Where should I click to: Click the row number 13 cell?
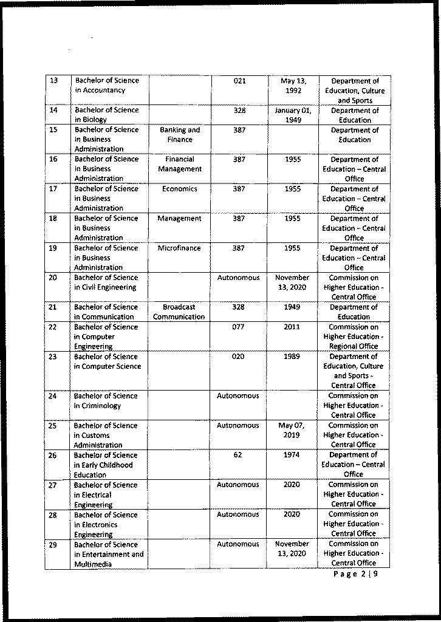click(x=53, y=81)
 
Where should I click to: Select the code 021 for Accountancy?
click(x=239, y=81)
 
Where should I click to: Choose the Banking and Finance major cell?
click(x=180, y=134)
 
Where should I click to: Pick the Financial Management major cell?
click(x=180, y=164)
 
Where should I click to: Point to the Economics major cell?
click(x=180, y=189)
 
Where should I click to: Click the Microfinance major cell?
click(x=180, y=248)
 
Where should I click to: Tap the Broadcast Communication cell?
click(x=179, y=312)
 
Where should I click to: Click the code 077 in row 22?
click(x=239, y=327)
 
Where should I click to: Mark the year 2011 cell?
click(x=292, y=327)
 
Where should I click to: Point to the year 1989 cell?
click(x=292, y=357)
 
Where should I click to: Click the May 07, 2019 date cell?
click(x=292, y=430)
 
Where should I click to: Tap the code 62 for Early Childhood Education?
click(x=238, y=455)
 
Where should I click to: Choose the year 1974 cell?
click(x=292, y=455)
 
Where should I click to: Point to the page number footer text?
click(x=356, y=575)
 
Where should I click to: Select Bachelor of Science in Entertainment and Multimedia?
click(x=109, y=554)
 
